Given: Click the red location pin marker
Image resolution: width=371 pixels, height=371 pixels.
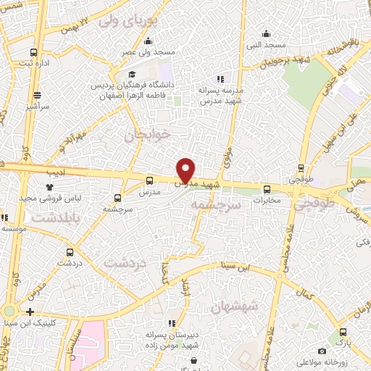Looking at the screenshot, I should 186,170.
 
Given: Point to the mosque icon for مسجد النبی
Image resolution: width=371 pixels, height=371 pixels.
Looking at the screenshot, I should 267,33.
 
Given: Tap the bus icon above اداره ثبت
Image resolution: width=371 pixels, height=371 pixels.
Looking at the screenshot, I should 34,52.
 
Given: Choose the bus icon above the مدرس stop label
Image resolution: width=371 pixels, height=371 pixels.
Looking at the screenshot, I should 150,181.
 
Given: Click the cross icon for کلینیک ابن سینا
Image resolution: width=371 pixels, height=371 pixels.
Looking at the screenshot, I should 30,312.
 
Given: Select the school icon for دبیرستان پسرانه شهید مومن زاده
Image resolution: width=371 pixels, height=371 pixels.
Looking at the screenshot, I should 172,323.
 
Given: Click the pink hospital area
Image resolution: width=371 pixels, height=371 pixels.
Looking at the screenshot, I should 90,345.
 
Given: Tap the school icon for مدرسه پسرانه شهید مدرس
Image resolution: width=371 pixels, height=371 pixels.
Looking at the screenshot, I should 220,79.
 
